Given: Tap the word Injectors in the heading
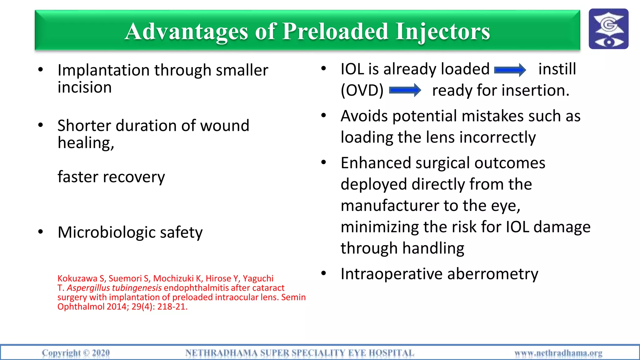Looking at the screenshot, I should click(442, 32).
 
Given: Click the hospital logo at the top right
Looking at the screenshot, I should click(608, 29).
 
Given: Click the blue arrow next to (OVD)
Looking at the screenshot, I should click(405, 91).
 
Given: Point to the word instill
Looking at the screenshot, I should click(557, 69).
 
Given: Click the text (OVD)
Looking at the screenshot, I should click(362, 91).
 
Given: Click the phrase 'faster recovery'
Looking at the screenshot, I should click(111, 177).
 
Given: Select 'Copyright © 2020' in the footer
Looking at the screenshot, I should click(76, 353).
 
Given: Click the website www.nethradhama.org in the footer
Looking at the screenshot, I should click(558, 353).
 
